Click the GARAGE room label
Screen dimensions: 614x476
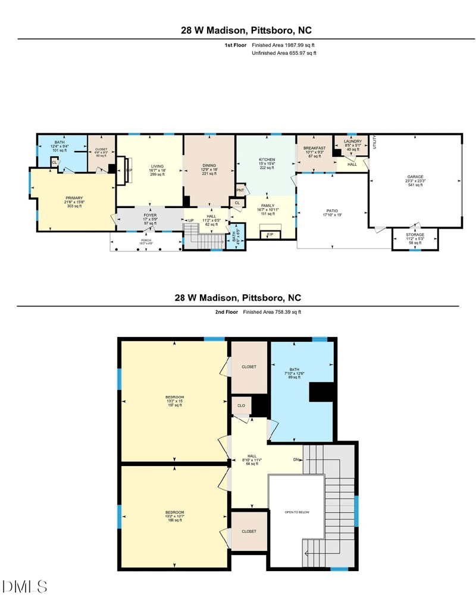click(415, 177)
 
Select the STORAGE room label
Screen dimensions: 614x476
click(415, 235)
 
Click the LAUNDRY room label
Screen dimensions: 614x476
click(353, 141)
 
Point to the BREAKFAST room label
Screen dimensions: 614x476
click(315, 148)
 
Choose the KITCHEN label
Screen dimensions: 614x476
click(266, 160)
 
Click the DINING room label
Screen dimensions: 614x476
click(209, 166)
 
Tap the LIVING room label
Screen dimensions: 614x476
click(157, 166)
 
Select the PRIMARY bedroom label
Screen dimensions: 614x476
click(74, 198)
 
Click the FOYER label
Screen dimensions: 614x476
click(150, 215)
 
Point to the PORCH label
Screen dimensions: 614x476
click(146, 240)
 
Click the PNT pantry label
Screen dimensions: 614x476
click(240, 190)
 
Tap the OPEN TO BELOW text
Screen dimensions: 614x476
click(297, 512)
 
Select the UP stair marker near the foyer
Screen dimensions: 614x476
click(190, 219)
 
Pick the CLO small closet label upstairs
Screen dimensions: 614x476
click(241, 406)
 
